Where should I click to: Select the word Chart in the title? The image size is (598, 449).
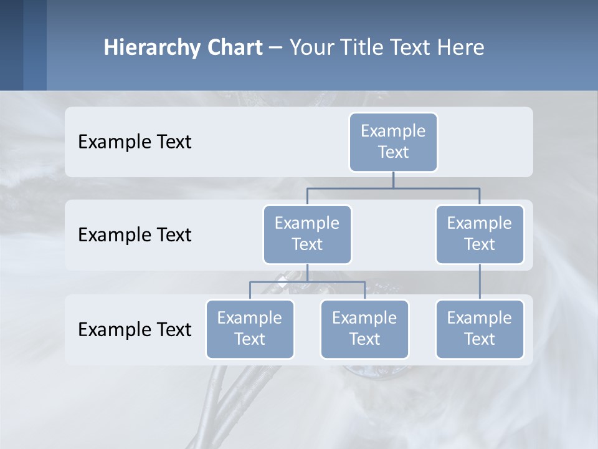(x=235, y=47)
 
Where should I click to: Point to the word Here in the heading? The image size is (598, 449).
(x=460, y=47)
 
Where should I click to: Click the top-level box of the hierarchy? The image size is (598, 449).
(x=393, y=142)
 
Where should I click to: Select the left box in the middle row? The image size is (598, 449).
(x=307, y=234)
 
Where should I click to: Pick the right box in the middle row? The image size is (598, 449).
(x=480, y=234)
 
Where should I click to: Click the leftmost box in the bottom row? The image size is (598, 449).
(x=250, y=329)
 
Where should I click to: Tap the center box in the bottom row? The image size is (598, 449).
(x=364, y=329)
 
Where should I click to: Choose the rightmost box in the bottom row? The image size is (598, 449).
(x=480, y=329)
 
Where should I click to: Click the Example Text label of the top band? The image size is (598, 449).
(x=135, y=142)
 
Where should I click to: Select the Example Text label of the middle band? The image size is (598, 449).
(x=135, y=234)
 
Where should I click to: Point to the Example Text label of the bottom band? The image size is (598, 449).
(x=135, y=329)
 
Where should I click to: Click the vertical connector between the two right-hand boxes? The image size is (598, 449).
(x=480, y=282)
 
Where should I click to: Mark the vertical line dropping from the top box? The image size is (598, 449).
(x=393, y=180)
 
